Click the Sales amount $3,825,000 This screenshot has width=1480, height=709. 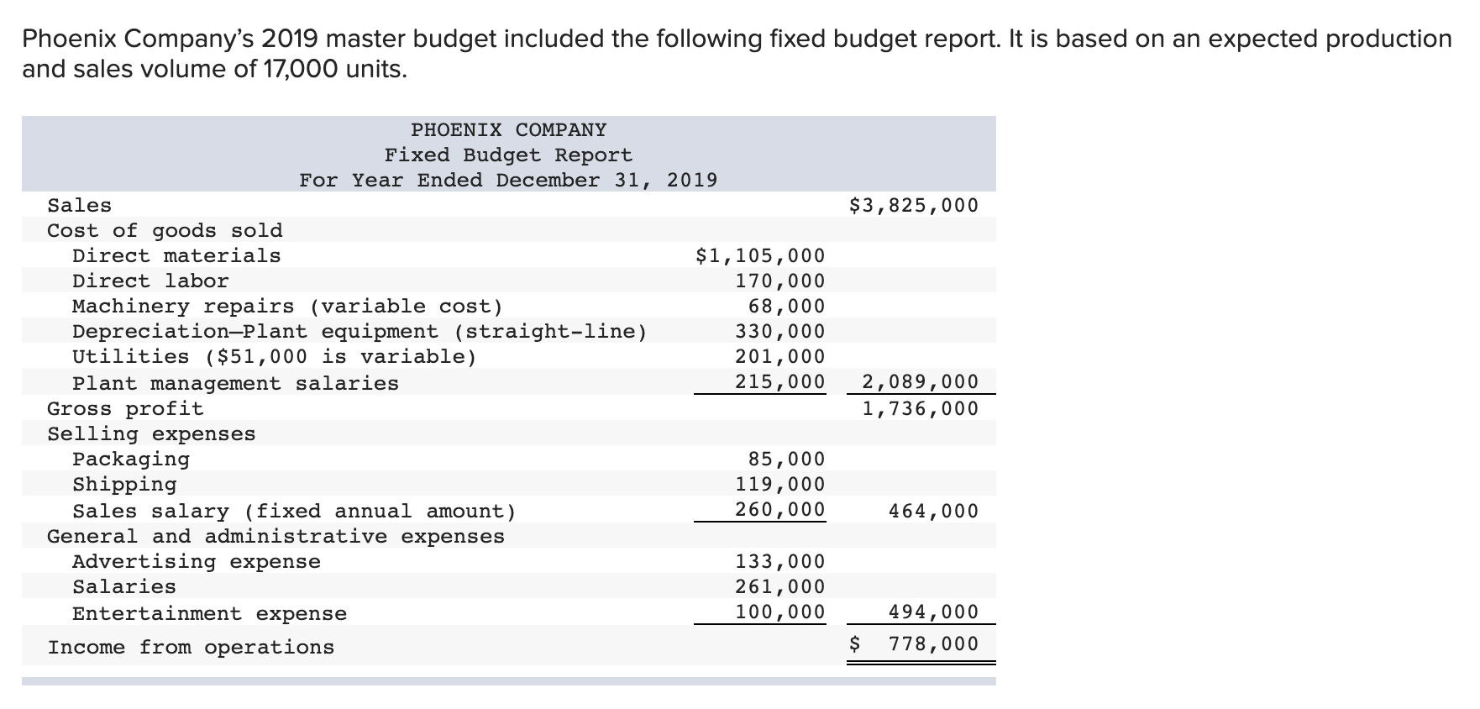tap(914, 206)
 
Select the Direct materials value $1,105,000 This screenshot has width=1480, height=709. tap(760, 256)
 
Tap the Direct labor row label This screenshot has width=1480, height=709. tap(150, 281)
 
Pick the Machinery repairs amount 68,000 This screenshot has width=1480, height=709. tap(786, 307)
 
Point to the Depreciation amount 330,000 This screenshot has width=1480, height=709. tap(780, 332)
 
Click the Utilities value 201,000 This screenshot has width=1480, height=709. tap(780, 357)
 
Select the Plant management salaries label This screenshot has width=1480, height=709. tap(235, 384)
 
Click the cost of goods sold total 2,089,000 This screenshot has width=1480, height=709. tap(921, 382)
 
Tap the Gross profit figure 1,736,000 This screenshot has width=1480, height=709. tap(921, 409)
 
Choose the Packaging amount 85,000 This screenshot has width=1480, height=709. tap(786, 460)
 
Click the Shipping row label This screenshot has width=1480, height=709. tap(124, 485)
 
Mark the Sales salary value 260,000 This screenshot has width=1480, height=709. tap(780, 510)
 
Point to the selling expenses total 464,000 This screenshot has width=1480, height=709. tap(933, 512)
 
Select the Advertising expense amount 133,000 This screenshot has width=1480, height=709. tap(780, 562)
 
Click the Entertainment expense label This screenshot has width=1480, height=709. tap(209, 614)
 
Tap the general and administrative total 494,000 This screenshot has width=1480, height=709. tap(933, 612)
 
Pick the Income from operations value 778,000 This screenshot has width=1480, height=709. tap(933, 644)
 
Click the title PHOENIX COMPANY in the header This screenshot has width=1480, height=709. tap(508, 130)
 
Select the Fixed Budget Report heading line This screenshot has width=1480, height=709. tap(508, 155)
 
